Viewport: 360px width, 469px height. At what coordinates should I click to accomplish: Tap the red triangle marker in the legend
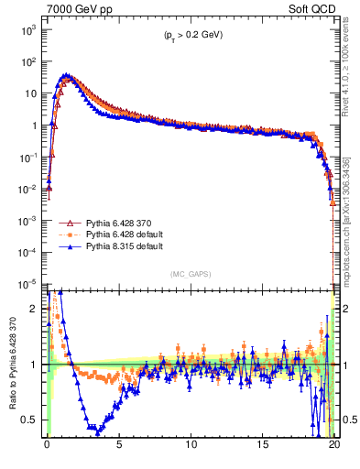click(x=67, y=223)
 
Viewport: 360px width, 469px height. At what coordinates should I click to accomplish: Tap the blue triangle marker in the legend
click(x=67, y=246)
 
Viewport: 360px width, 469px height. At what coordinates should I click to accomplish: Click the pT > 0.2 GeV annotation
click(x=188, y=35)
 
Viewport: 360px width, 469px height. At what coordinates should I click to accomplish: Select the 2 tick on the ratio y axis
click(x=36, y=309)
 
